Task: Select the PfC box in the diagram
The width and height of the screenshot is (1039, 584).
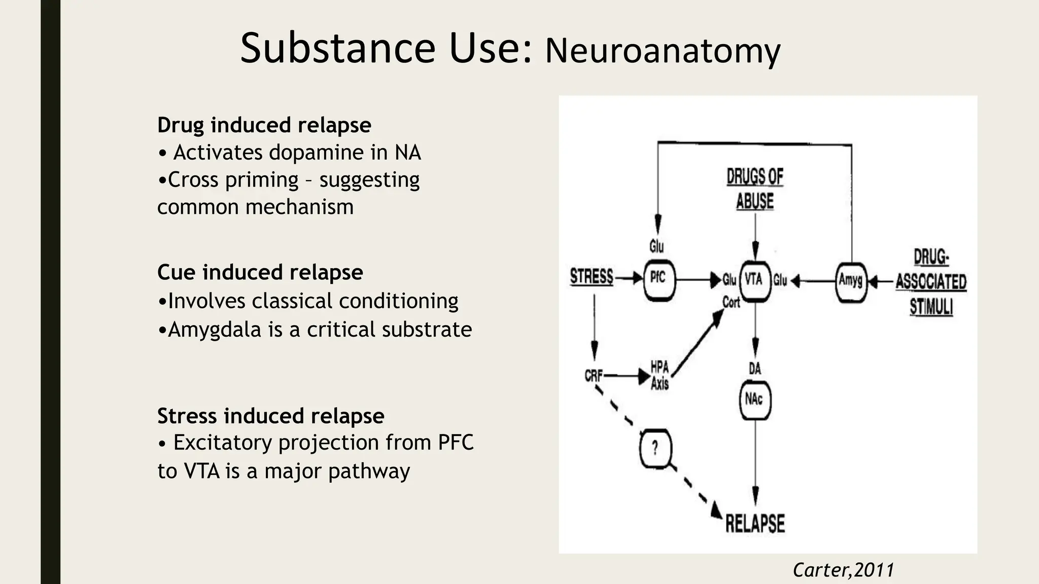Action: (659, 279)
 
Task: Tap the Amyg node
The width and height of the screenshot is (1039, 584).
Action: (851, 280)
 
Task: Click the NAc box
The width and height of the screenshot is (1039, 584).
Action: (754, 400)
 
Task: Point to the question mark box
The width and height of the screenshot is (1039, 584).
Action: (655, 449)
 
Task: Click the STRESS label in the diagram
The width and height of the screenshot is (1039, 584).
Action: (592, 277)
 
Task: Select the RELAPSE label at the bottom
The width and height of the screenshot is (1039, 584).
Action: (755, 524)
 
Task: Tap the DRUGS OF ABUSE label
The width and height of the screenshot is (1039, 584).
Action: (755, 189)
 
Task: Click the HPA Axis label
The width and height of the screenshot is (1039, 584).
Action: (660, 376)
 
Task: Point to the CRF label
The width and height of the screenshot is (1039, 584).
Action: (593, 376)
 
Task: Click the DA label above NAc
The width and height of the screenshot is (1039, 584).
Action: (755, 369)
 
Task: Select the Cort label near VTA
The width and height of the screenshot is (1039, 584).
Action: (731, 303)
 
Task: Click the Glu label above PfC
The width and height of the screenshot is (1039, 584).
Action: (656, 247)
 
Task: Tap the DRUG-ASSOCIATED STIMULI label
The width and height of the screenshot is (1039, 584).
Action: (931, 282)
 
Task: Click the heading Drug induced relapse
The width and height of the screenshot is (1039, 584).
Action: (264, 125)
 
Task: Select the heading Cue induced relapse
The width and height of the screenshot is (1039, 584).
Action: (260, 272)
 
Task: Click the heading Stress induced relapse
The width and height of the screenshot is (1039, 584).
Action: (270, 416)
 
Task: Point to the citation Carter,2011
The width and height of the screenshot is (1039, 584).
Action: (843, 570)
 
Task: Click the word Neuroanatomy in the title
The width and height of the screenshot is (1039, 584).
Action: (663, 51)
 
